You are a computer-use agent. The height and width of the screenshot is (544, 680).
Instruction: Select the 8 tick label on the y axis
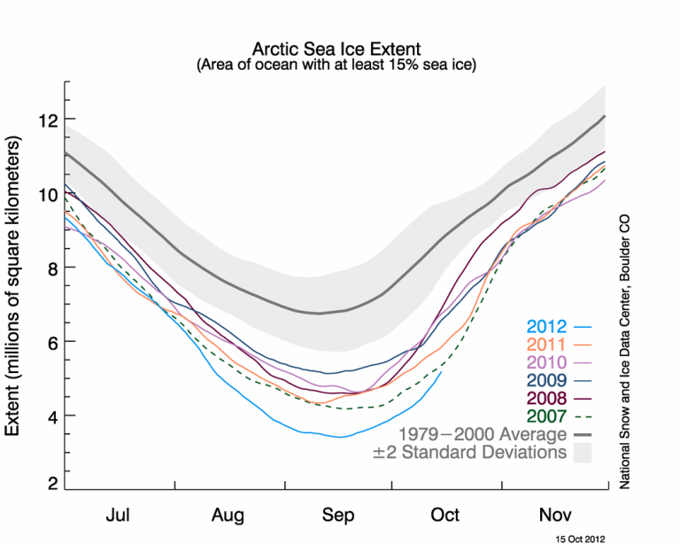[x=54, y=268]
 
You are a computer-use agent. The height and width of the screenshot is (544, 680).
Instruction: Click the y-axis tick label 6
[x=54, y=342]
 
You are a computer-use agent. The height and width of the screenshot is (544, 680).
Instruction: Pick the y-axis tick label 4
[x=54, y=416]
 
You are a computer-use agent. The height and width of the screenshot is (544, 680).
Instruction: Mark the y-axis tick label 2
[x=54, y=485]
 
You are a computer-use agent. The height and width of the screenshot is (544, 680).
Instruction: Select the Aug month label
[x=230, y=514]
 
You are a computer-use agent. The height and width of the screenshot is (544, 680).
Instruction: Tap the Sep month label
[x=339, y=514]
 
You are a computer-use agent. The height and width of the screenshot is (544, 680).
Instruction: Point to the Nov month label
[x=555, y=514]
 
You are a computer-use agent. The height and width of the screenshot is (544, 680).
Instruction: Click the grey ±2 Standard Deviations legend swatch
[x=582, y=453]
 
